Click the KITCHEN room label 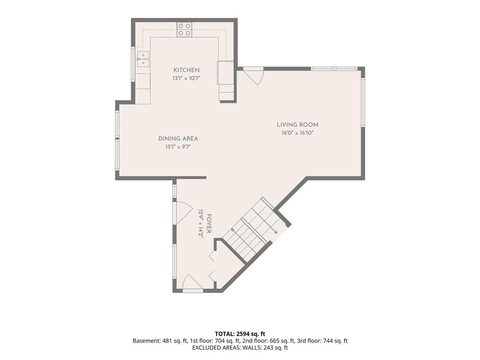187,70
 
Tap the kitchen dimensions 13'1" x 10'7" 187,78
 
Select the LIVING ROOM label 298,125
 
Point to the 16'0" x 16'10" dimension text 298,133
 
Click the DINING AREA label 178,139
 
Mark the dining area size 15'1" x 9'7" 178,147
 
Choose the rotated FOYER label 209,224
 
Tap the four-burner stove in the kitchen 185,30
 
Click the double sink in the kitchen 143,59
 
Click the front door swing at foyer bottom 193,282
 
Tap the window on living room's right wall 363,102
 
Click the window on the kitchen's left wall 133,64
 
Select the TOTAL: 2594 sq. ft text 240,334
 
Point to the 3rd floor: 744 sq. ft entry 322,341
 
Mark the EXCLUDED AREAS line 240,347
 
